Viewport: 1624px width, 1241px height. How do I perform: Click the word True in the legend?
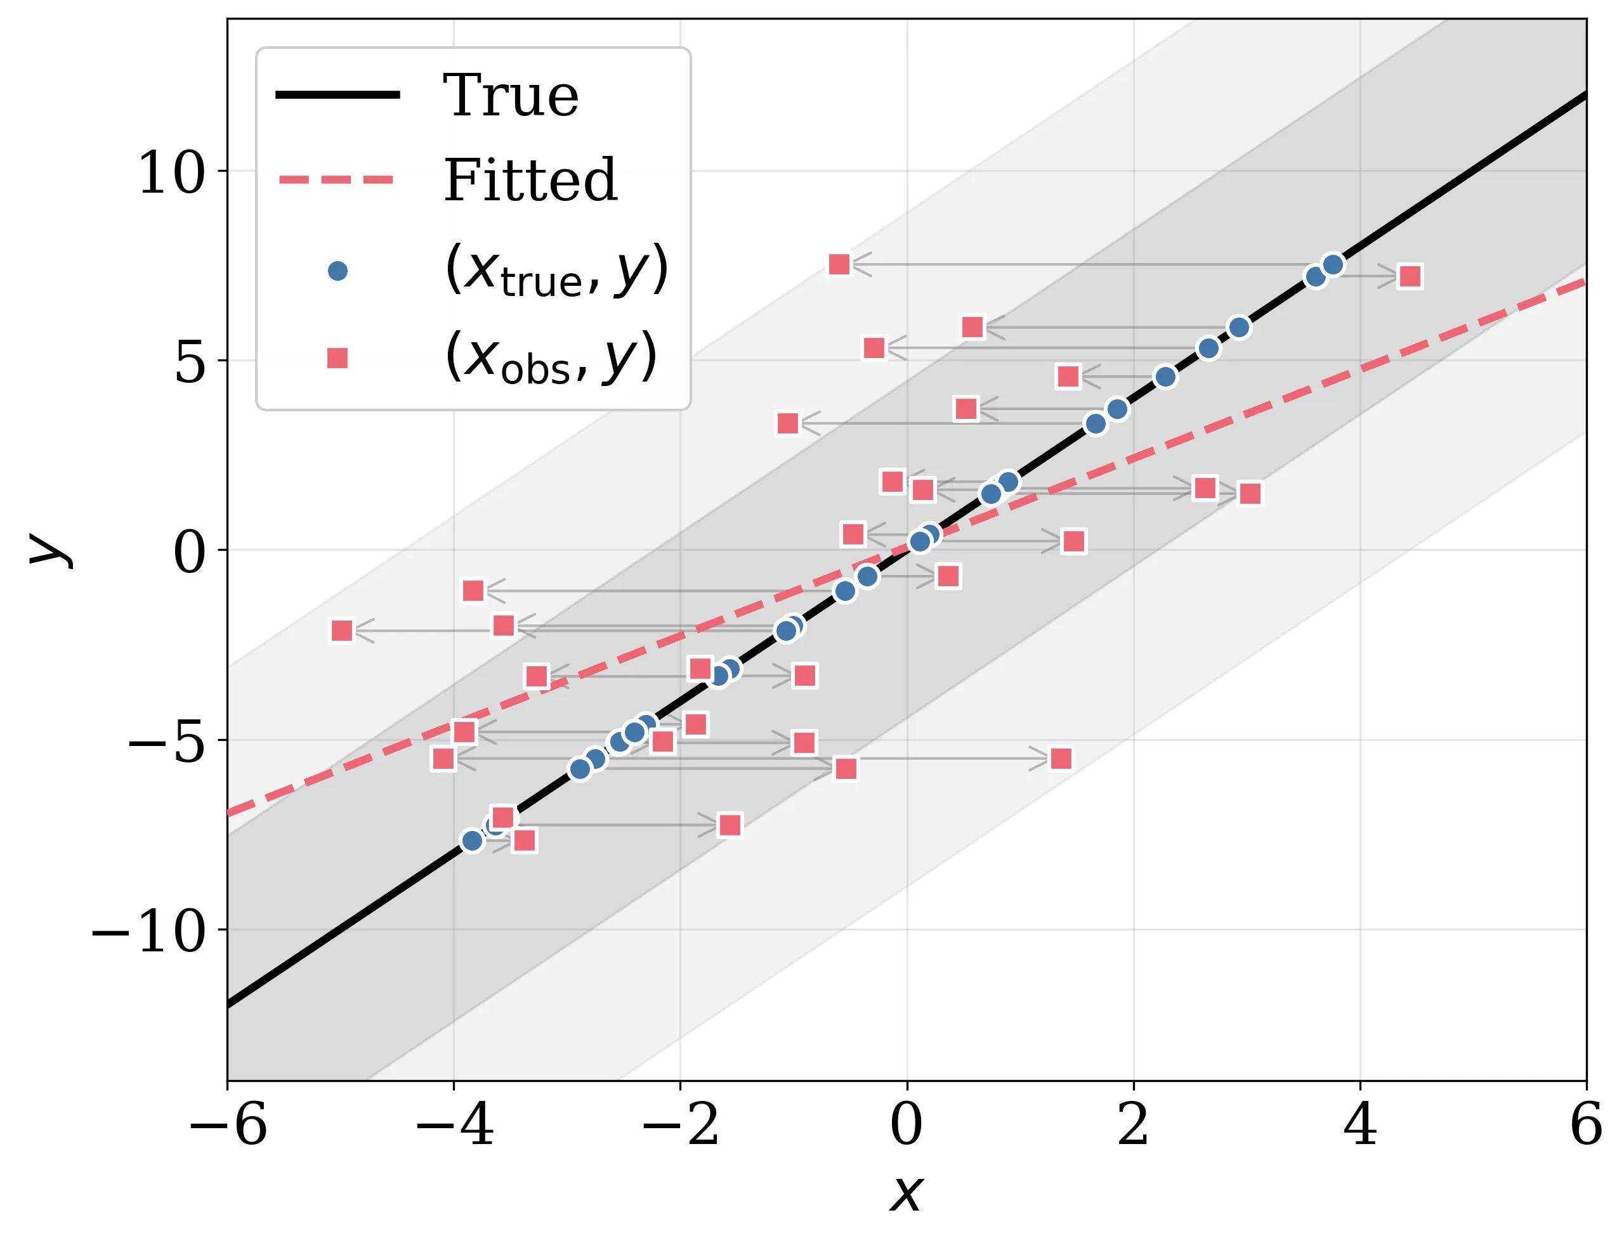coord(510,96)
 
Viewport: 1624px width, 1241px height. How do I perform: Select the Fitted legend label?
coord(529,181)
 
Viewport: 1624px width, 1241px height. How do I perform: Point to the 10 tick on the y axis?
coord(171,174)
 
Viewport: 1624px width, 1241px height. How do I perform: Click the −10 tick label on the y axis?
coord(148,932)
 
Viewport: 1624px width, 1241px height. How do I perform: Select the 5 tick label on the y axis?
coord(189,363)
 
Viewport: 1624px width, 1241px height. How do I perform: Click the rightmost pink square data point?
coord(1410,276)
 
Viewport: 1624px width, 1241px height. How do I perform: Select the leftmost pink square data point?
coord(341,630)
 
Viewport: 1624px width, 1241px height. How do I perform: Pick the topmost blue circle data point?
coord(1333,264)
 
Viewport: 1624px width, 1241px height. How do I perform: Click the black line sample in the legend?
coord(338,94)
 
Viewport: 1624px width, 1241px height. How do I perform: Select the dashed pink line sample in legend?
coord(338,179)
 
